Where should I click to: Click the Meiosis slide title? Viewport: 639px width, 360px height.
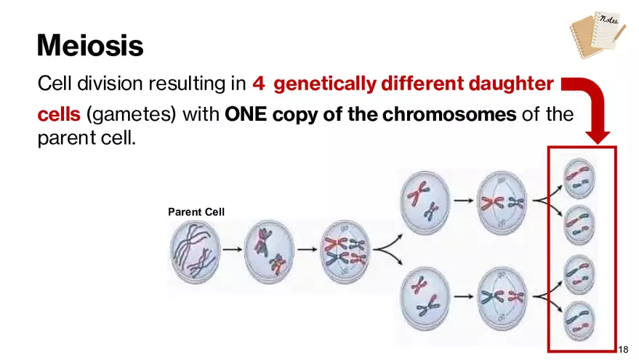coord(90,45)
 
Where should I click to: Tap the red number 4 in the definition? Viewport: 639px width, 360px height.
coord(258,84)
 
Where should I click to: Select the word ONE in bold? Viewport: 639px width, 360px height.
coord(245,114)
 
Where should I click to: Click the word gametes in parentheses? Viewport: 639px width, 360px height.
coord(131,115)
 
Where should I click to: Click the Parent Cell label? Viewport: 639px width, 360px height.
coord(196,212)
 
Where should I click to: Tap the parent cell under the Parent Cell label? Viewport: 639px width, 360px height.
coord(196,252)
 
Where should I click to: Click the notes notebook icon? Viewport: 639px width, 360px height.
coord(598,34)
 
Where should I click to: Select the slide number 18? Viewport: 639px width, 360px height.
coord(623,349)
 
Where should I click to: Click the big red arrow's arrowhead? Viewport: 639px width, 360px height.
coord(598,137)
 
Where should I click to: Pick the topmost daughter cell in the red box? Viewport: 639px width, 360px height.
coord(579,178)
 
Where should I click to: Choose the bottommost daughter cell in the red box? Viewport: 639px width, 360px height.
coord(579,321)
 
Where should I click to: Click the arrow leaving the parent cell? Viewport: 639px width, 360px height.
coord(233,249)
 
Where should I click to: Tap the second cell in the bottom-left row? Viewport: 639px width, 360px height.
coord(269,252)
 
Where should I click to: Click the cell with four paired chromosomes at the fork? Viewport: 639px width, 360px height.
coord(345,252)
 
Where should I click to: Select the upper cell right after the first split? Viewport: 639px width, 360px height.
coord(425,203)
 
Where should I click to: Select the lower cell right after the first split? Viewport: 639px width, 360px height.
coord(425,298)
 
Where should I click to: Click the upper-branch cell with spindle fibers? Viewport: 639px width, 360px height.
coord(502,203)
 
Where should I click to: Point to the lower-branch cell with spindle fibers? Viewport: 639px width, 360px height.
coord(502,298)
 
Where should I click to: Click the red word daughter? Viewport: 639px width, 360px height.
coord(511,84)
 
